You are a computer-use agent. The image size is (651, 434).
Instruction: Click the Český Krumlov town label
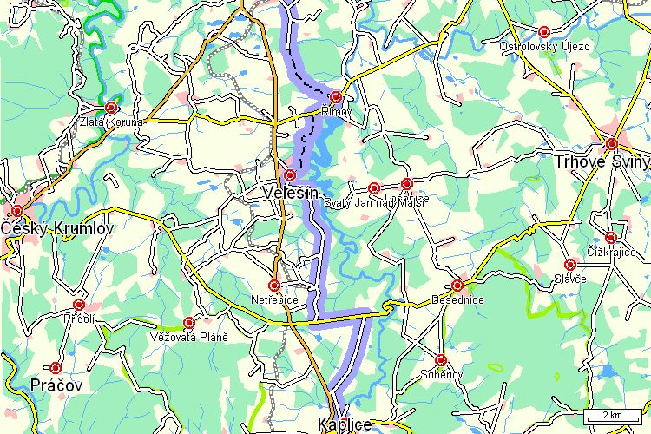pos(57,228)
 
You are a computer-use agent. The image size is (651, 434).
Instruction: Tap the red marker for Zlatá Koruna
pos(111,107)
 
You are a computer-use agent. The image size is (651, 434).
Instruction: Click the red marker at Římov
pos(336,96)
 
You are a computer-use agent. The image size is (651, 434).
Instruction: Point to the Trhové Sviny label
pos(602,161)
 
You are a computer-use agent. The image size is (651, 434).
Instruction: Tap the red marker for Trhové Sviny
pos(612,144)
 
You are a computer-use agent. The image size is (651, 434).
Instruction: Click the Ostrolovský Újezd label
pos(544,45)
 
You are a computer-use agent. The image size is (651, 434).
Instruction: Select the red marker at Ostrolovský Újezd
pos(544,31)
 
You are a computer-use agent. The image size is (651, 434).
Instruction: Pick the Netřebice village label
pos(274,299)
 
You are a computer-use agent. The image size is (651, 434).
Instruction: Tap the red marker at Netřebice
pos(274,285)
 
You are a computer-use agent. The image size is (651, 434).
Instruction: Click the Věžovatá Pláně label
pos(189,337)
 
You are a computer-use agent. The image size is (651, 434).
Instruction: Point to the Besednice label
pos(457,299)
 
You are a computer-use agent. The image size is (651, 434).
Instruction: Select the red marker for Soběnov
pos(441,359)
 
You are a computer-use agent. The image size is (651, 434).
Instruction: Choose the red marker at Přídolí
pos(79,305)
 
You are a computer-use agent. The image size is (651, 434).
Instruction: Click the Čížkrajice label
pos(611,252)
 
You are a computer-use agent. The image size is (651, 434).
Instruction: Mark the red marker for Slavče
pos(570,264)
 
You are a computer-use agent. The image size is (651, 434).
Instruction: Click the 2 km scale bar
pos(613,415)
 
